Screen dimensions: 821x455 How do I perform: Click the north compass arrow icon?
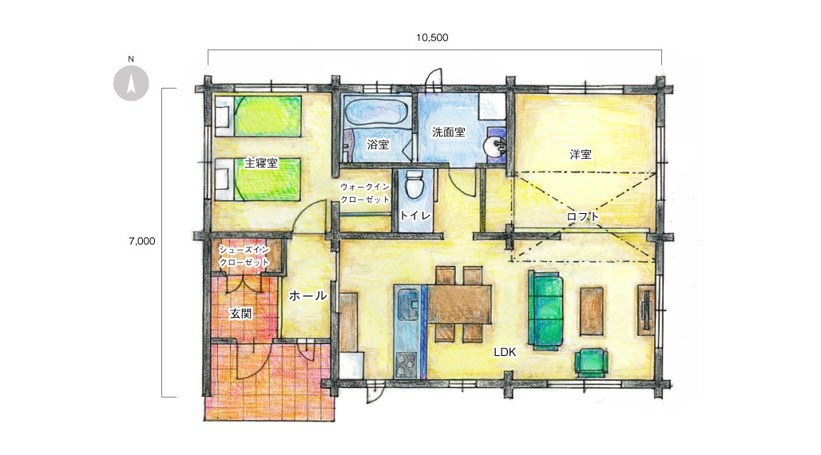(131, 83)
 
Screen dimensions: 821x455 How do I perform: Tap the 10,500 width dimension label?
(432, 38)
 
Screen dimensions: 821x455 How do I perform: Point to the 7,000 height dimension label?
(142, 241)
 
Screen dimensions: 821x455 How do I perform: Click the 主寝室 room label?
(260, 164)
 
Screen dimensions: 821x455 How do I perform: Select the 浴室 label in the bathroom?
(378, 144)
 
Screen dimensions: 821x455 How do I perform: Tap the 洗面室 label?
(449, 132)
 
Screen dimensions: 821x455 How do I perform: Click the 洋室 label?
(581, 154)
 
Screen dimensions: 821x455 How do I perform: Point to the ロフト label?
(583, 216)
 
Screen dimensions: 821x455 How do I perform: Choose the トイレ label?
(415, 216)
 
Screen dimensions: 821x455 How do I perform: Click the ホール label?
(308, 296)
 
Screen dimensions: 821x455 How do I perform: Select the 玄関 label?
(241, 314)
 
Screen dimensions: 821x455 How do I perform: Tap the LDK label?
(505, 352)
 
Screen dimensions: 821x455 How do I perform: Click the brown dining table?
(459, 304)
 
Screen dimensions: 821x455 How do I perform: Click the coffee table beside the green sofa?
(592, 311)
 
